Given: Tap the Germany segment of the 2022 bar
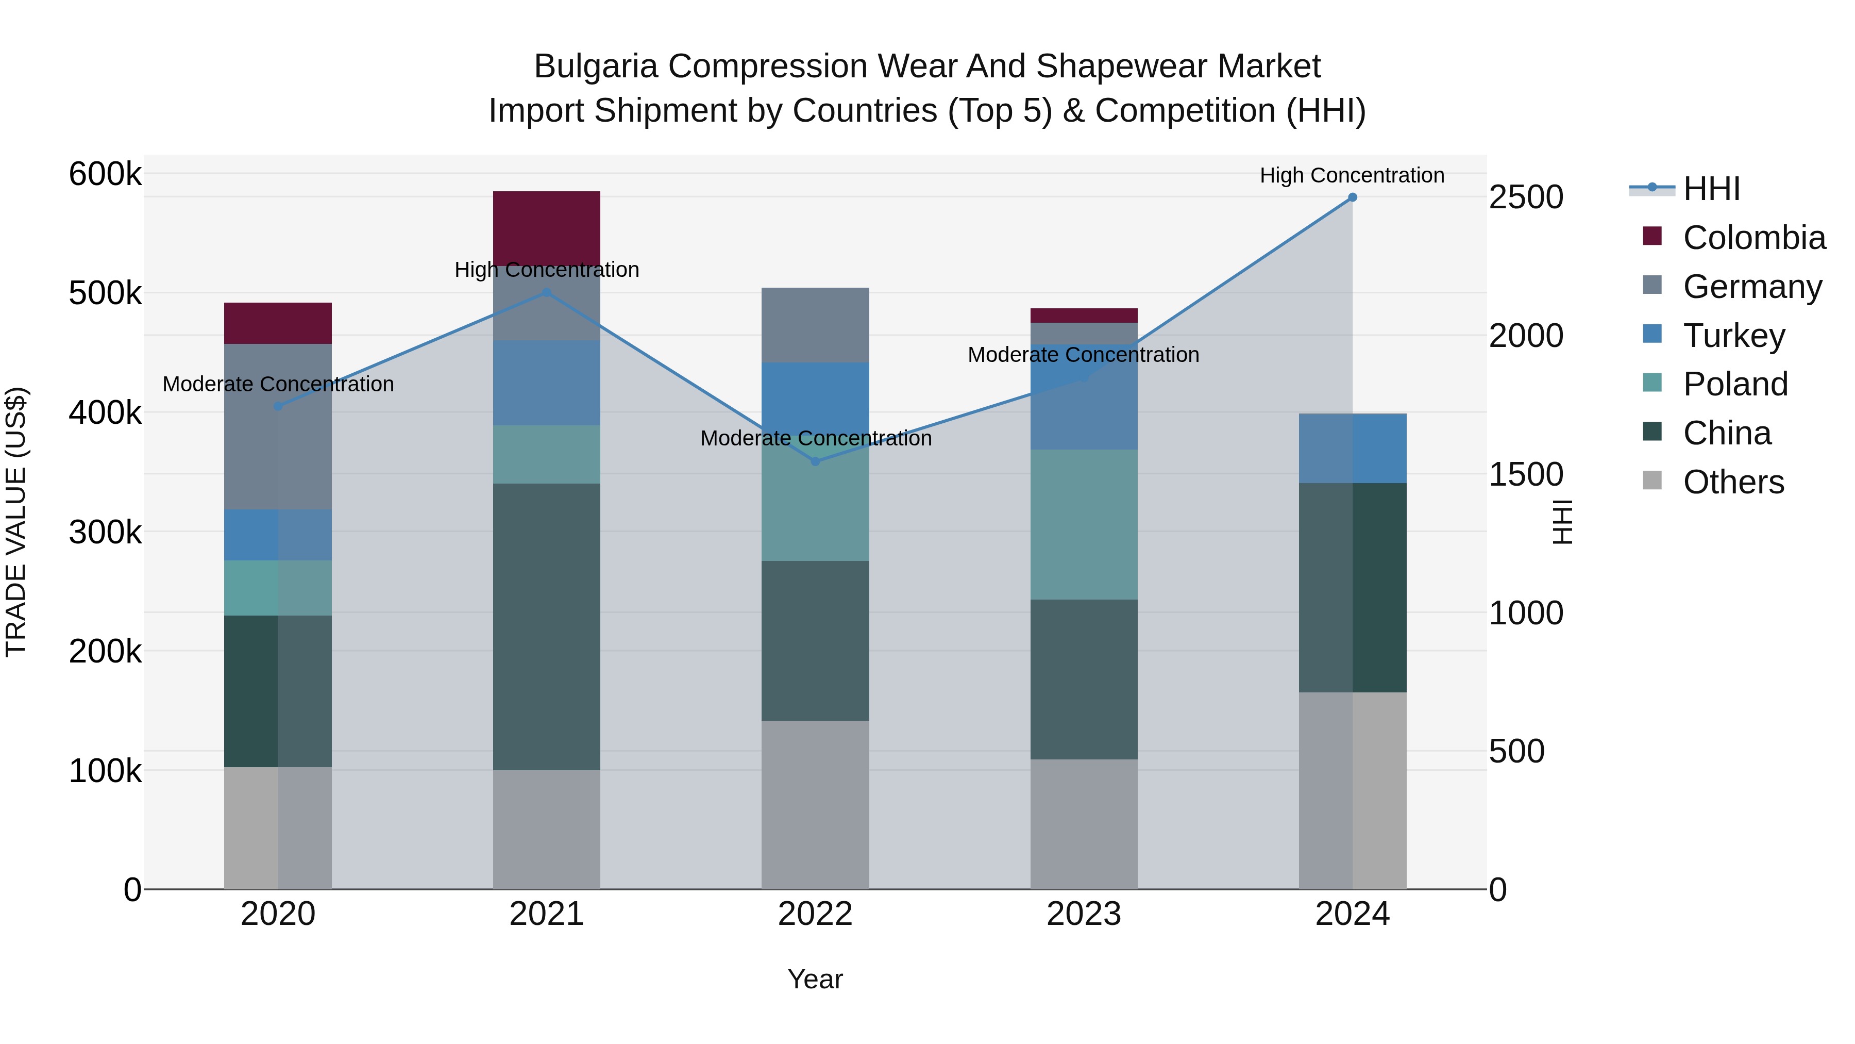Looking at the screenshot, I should (x=815, y=324).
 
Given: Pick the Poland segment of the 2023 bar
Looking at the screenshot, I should (x=1084, y=524).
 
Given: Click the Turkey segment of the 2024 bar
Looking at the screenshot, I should (x=1353, y=448).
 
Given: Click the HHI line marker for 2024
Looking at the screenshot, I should (x=1353, y=197).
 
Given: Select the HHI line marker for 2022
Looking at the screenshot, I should (x=815, y=461).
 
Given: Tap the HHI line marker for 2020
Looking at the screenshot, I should (x=278, y=406).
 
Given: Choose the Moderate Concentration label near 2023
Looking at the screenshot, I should (x=1083, y=355).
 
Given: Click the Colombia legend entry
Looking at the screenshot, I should (x=1753, y=238).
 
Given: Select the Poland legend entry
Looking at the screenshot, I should (x=1735, y=384).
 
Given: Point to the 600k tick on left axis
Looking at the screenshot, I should (x=105, y=174).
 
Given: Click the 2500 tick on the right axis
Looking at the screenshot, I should (x=1525, y=197).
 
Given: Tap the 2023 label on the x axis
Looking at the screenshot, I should (x=1084, y=914).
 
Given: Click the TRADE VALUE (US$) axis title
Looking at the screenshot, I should (x=16, y=522).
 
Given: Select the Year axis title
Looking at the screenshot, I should (x=815, y=979).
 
